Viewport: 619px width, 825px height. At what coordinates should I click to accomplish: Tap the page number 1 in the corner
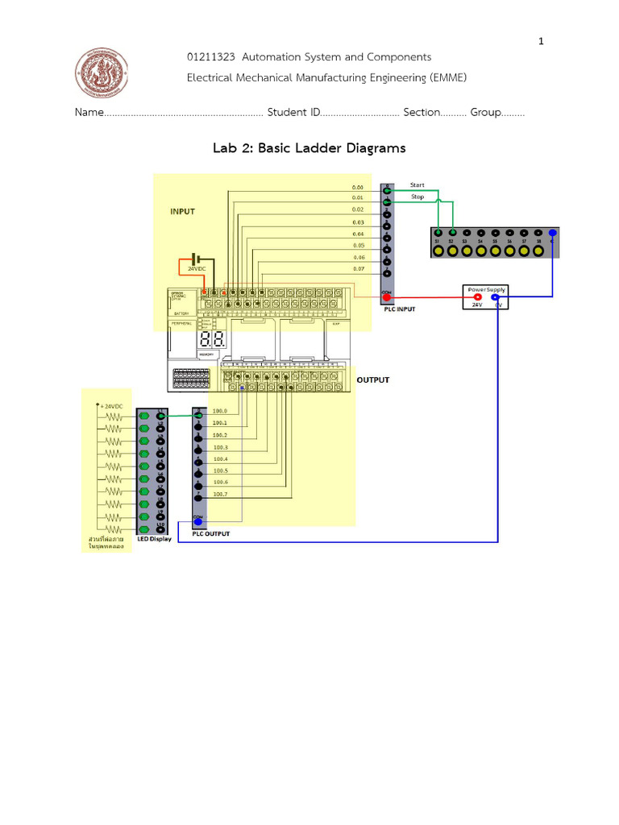pos(542,42)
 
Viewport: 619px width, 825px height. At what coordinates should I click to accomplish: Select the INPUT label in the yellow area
pos(182,212)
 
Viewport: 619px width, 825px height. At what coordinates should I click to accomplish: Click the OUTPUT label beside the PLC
pos(373,379)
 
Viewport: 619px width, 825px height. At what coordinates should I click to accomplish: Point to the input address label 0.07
pos(359,268)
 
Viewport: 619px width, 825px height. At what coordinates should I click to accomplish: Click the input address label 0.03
pos(359,222)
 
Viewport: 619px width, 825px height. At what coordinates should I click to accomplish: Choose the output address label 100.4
pos(219,458)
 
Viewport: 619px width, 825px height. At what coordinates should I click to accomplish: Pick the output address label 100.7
pos(219,494)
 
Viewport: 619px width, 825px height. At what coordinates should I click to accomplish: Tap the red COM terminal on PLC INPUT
pos(387,297)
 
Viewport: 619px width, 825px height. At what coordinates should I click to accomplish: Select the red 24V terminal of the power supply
pos(477,297)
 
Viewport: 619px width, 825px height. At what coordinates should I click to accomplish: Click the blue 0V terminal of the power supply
pos(495,297)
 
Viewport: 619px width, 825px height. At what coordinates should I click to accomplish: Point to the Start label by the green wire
pos(417,185)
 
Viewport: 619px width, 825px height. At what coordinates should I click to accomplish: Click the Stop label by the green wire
pos(417,197)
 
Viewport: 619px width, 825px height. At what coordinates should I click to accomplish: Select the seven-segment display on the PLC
pos(212,340)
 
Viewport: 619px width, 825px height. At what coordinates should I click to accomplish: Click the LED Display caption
pos(154,539)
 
